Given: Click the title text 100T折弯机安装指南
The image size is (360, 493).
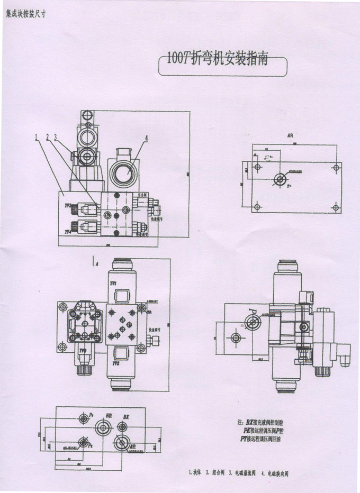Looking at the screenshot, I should pyautogui.click(x=218, y=59).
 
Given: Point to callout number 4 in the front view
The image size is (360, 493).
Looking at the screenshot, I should pyautogui.click(x=146, y=139).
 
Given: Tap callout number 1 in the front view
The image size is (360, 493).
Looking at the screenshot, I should pyautogui.click(x=37, y=138).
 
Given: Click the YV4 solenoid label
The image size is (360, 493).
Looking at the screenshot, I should pyautogui.click(x=68, y=231).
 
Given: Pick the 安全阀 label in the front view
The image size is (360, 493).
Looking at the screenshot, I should pyautogui.click(x=145, y=195).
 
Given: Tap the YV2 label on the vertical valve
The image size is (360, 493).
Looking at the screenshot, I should pyautogui.click(x=121, y=364).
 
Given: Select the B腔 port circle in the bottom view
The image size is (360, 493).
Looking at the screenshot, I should pyautogui.click(x=101, y=427).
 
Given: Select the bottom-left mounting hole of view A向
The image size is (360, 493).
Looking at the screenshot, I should pyautogui.click(x=256, y=207).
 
